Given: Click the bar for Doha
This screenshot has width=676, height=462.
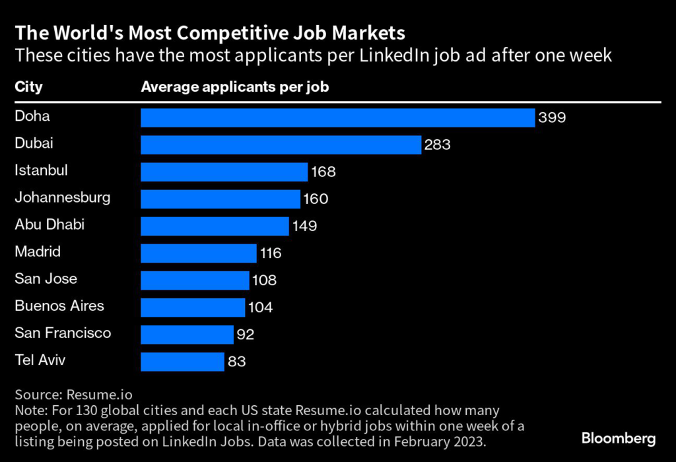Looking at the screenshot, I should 337,117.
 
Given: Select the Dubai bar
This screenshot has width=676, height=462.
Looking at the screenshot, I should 281,145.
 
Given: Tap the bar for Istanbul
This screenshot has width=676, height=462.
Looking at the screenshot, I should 224,172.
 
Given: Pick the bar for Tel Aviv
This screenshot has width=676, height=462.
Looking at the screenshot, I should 182,361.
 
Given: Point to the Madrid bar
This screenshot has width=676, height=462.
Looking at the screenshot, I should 198,253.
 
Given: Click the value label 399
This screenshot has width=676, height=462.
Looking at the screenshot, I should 552,117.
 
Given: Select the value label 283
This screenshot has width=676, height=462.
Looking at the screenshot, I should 438,145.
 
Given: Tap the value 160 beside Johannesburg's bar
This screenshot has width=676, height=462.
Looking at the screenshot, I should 316,199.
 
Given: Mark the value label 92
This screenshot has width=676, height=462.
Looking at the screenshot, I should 245,334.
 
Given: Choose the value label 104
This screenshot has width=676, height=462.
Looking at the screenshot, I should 260,307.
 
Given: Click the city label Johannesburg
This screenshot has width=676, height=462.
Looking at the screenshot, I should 63,197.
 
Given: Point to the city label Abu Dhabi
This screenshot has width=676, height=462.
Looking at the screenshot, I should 50,224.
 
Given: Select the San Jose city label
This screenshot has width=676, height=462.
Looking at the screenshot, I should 46,279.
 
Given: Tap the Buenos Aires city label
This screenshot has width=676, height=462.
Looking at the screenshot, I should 59,306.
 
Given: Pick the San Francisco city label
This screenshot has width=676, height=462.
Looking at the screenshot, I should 63,333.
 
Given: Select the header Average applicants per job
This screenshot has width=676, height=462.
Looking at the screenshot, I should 235,86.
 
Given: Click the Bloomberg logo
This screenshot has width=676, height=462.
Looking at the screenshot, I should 619,438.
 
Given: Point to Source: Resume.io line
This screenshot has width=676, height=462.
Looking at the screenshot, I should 73,395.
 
